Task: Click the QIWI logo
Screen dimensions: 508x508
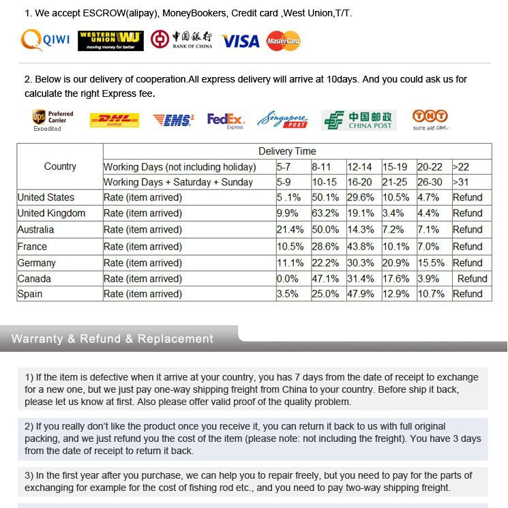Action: pyautogui.click(x=46, y=40)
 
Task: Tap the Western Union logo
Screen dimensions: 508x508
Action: pyautogui.click(x=111, y=41)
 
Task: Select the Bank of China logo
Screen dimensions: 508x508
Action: pyautogui.click(x=182, y=40)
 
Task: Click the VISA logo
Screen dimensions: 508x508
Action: pyautogui.click(x=241, y=41)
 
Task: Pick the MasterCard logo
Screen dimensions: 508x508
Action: pyautogui.click(x=283, y=41)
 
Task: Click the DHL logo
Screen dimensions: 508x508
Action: pyautogui.click(x=115, y=121)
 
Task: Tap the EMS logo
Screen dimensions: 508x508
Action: pyautogui.click(x=173, y=121)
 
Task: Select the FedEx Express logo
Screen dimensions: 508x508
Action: pyautogui.click(x=226, y=121)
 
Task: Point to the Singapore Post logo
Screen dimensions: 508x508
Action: pyautogui.click(x=282, y=121)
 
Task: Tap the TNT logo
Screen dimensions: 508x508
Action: pyautogui.click(x=430, y=120)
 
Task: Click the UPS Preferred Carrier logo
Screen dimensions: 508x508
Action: pyautogui.click(x=53, y=120)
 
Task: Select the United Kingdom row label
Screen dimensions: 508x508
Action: pyautogui.click(x=51, y=213)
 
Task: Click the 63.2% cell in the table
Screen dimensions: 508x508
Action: pyautogui.click(x=326, y=213)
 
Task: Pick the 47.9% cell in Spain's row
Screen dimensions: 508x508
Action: pyautogui.click(x=361, y=294)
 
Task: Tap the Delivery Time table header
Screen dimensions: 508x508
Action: pyautogui.click(x=287, y=151)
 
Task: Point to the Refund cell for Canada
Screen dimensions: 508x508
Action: pyautogui.click(x=472, y=278)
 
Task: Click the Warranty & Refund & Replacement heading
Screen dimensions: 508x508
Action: pyautogui.click(x=113, y=339)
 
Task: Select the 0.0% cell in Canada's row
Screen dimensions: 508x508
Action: pyautogui.click(x=288, y=278)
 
